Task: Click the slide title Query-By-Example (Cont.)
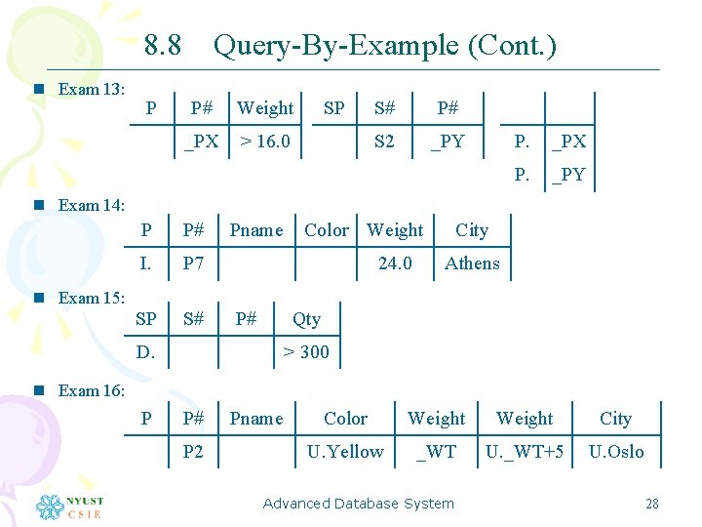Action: pyautogui.click(x=384, y=45)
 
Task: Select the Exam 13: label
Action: pyautogui.click(x=91, y=89)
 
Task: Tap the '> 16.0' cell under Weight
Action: pyautogui.click(x=265, y=142)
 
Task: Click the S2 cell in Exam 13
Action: pyautogui.click(x=385, y=142)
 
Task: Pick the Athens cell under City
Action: pyautogui.click(x=472, y=263)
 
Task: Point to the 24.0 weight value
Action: pyautogui.click(x=395, y=263)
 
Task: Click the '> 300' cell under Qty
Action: pyautogui.click(x=306, y=351)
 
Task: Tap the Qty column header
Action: pyautogui.click(x=306, y=319)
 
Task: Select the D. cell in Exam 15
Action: pyautogui.click(x=145, y=351)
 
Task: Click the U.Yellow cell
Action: pyautogui.click(x=345, y=452)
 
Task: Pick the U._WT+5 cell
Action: pyautogui.click(x=525, y=452)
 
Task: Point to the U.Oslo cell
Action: pyautogui.click(x=615, y=452)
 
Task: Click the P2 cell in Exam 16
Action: pyautogui.click(x=193, y=452)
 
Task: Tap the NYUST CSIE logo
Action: pyautogui.click(x=69, y=507)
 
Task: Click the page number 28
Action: pyautogui.click(x=652, y=504)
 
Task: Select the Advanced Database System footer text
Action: pyautogui.click(x=358, y=504)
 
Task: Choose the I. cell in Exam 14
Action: pyautogui.click(x=145, y=263)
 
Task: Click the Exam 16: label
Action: pyautogui.click(x=91, y=390)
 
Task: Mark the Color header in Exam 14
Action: pyautogui.click(x=326, y=230)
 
